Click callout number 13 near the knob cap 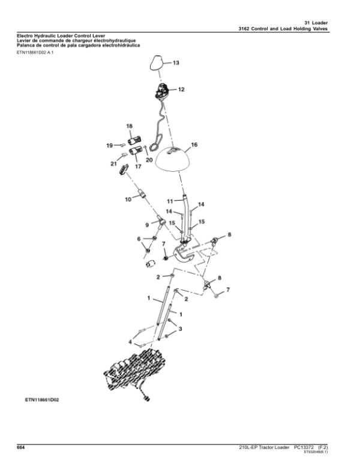point(176,62)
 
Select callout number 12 point(181,89)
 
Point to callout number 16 point(194,145)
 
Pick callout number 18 point(128,126)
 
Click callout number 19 point(110,145)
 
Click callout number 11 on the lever point(170,201)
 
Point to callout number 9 point(145,225)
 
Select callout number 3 point(180,328)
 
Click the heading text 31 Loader point(327,22)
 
